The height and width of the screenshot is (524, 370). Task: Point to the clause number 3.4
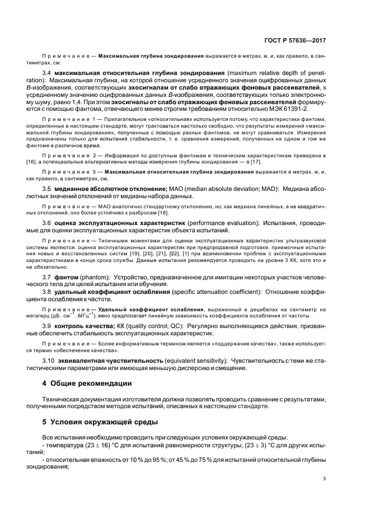[x=47, y=73]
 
